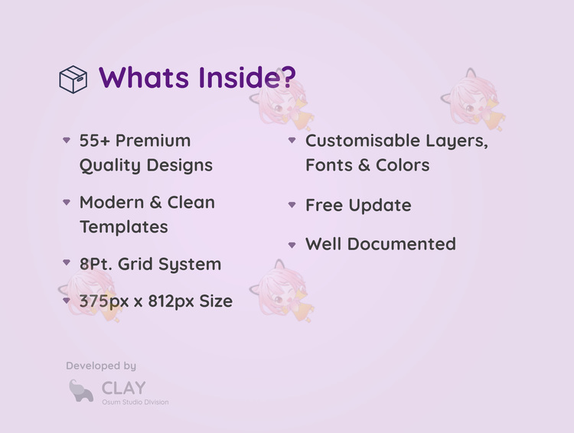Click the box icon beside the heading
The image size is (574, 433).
click(x=73, y=80)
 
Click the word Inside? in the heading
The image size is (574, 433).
click(x=247, y=77)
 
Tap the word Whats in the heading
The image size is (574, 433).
click(x=144, y=77)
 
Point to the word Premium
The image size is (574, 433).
click(x=153, y=141)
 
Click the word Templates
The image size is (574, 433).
click(x=124, y=227)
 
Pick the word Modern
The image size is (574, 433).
click(x=112, y=203)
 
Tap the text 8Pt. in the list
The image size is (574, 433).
click(x=96, y=264)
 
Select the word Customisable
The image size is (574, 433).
click(x=363, y=141)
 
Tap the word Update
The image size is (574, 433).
click(x=380, y=206)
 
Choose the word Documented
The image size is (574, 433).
click(x=401, y=244)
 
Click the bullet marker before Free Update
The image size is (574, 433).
click(x=292, y=205)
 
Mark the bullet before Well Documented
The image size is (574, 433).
click(x=292, y=245)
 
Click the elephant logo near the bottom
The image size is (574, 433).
click(x=81, y=391)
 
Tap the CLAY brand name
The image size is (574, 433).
click(x=124, y=388)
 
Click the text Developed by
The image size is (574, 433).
click(x=101, y=366)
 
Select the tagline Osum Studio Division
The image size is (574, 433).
click(x=135, y=402)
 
